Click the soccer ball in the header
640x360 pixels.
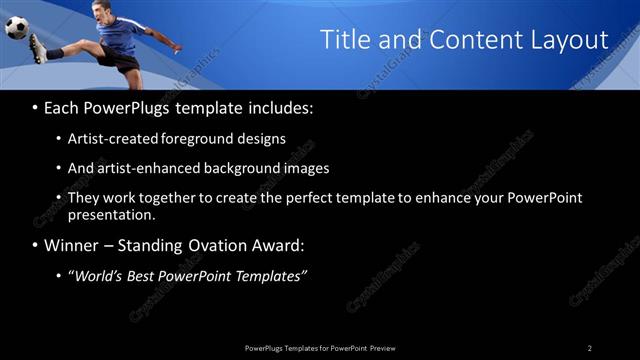point(17,27)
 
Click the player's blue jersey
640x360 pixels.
point(124,37)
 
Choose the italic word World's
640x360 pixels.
point(102,275)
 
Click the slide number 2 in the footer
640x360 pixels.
point(589,347)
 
